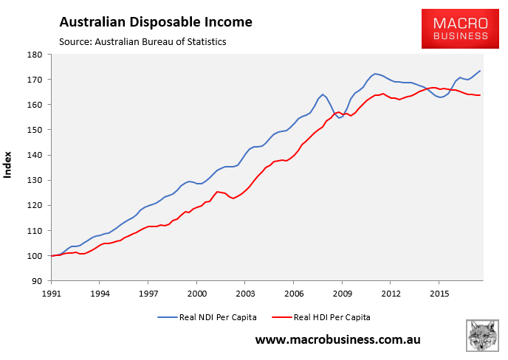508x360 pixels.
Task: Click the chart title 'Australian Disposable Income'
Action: pyautogui.click(x=156, y=22)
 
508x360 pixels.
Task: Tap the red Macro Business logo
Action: pyautogui.click(x=455, y=29)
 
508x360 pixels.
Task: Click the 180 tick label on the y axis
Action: pyautogui.click(x=35, y=55)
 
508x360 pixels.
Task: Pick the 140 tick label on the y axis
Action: pyautogui.click(x=35, y=155)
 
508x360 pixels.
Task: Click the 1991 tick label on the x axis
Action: pyautogui.click(x=51, y=293)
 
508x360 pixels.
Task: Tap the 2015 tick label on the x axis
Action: pyautogui.click(x=439, y=293)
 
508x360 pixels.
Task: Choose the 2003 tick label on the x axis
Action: pyautogui.click(x=245, y=293)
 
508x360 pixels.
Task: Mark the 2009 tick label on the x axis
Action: pyautogui.click(x=342, y=293)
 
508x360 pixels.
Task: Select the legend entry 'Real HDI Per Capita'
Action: pyautogui.click(x=330, y=316)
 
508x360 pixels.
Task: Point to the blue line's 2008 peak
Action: pyautogui.click(x=323, y=94)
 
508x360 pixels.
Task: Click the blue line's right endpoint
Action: pyautogui.click(x=481, y=71)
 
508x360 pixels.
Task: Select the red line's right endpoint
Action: pyautogui.click(x=481, y=95)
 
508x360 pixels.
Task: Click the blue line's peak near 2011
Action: pyautogui.click(x=376, y=74)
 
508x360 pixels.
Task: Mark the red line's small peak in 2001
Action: pyautogui.click(x=217, y=192)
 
